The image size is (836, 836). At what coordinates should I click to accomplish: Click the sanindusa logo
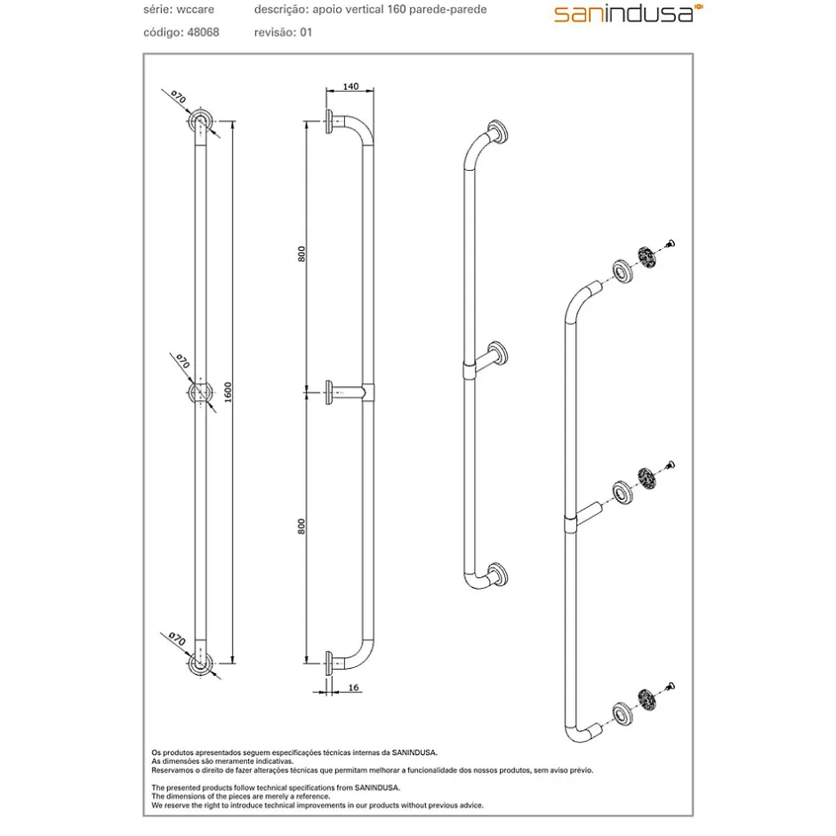click(628, 13)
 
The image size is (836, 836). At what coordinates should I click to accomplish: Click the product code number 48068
click(203, 33)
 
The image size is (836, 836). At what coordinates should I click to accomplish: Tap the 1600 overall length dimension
click(228, 392)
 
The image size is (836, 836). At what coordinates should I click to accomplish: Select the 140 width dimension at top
click(350, 86)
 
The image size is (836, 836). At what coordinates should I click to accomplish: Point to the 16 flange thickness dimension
click(353, 687)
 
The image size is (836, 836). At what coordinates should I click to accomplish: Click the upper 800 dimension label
click(301, 253)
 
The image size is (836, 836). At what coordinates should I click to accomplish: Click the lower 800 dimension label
click(301, 527)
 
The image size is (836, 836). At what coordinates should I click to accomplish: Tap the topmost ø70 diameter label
click(178, 97)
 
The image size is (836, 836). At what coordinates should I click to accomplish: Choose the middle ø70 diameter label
click(182, 361)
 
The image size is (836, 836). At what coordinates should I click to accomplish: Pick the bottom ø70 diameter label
click(176, 639)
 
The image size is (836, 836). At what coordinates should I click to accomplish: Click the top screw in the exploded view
click(670, 245)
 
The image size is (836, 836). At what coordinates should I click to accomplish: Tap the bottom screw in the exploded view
click(670, 687)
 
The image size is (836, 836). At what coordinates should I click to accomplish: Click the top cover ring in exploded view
click(623, 271)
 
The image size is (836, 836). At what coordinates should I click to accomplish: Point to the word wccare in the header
click(195, 10)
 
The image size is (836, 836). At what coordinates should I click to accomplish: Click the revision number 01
click(306, 33)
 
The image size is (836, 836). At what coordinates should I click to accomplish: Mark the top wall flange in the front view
click(200, 122)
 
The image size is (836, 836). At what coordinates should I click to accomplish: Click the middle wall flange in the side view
click(329, 392)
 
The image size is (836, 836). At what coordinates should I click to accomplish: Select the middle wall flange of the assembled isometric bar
click(498, 353)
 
